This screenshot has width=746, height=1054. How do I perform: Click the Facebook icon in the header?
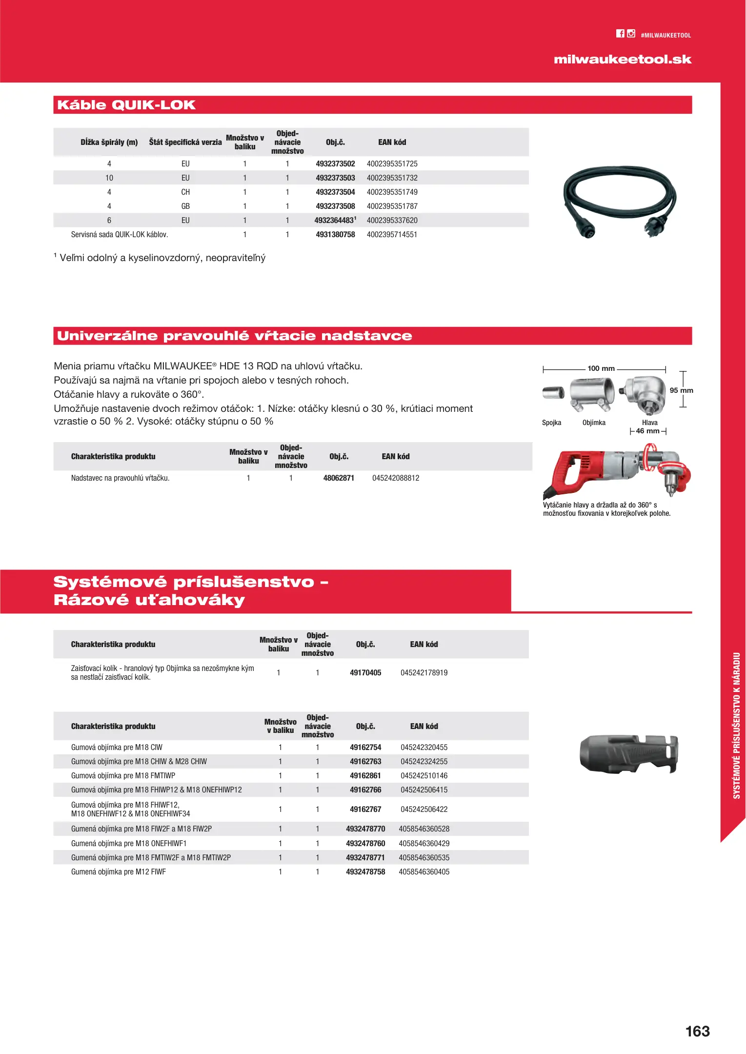pos(620,34)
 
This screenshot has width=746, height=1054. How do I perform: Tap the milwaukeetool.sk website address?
pos(623,60)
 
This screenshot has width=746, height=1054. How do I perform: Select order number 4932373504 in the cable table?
pos(335,192)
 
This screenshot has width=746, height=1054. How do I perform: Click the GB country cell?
pos(185,206)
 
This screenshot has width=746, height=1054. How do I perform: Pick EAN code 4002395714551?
pos(392,235)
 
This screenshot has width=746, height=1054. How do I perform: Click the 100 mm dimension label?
pos(601,368)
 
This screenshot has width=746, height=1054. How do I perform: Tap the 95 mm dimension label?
pos(681,390)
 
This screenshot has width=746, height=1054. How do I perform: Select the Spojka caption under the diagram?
pos(551,423)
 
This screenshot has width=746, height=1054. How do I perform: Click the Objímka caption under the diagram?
pos(594,423)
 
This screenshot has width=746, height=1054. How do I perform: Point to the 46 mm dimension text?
pos(647,431)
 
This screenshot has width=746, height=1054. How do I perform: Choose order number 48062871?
pos(339,478)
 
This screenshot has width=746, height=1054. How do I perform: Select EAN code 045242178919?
pos(424,673)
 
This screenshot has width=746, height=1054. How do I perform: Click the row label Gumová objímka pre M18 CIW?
pos(117,748)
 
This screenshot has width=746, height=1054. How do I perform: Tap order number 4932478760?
pos(365,844)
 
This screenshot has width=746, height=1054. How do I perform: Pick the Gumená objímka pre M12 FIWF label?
pos(119,872)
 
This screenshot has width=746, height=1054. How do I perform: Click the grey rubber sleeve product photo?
pos(628,754)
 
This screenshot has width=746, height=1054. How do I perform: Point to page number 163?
pos(697,1031)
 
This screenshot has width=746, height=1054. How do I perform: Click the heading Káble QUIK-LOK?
pos(126,105)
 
